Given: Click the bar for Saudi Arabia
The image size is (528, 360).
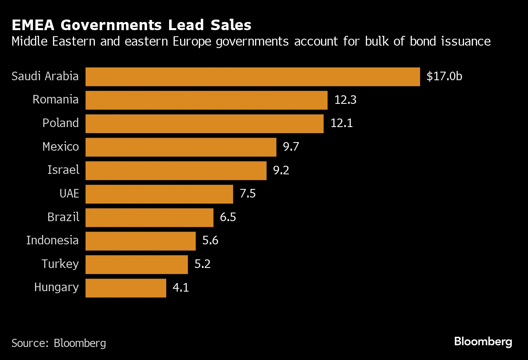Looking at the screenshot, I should coord(253,77).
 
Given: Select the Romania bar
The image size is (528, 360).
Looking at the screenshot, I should coord(206,100).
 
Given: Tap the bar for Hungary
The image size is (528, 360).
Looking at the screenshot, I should coord(126,288).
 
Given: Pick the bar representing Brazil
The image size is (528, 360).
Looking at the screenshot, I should coord(149,217).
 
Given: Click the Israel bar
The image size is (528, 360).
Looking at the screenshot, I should coord(176,171).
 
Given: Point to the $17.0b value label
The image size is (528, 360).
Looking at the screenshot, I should coord(444,77).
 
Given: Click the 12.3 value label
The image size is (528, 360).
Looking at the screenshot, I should coord(345,100).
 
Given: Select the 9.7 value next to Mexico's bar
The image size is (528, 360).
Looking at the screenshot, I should coord(291,147).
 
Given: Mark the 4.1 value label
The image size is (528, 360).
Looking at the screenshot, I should coord(181,288).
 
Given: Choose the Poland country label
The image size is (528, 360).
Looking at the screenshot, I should coord(60,123).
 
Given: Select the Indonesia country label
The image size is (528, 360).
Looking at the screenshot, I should coord(52,241).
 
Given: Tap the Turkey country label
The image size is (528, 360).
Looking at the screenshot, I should coord(60,264).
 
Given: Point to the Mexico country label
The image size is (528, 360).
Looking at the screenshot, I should coord(60,147).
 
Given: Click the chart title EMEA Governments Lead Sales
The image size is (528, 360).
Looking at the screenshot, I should coord(131,25).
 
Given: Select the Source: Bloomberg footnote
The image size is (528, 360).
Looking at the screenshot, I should coord(59,343).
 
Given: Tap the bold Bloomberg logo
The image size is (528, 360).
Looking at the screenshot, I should coord(483,342).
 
